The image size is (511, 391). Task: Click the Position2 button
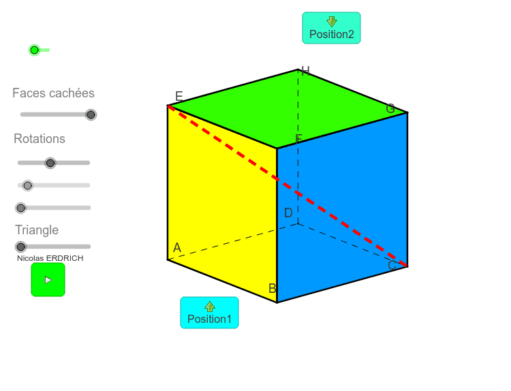point(331,28)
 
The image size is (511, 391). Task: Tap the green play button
point(48,280)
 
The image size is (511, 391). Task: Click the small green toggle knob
point(34,50)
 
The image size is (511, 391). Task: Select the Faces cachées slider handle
point(91,114)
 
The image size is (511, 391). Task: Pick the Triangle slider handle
point(21,247)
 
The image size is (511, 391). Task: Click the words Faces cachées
point(53,93)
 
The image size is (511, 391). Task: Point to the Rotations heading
point(40,139)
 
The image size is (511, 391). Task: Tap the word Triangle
point(37,230)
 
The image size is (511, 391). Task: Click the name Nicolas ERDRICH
point(50,258)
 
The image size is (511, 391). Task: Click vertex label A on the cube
point(177,248)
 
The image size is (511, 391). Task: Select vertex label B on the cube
point(273,288)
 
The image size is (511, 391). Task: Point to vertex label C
point(392,265)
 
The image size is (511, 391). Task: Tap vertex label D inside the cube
point(288,213)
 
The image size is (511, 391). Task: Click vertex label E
point(179,96)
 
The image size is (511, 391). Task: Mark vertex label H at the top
point(306,71)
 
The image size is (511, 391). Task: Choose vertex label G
point(390,108)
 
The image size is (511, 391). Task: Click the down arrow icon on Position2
point(332,22)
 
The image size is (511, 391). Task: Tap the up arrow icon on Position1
point(210,307)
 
